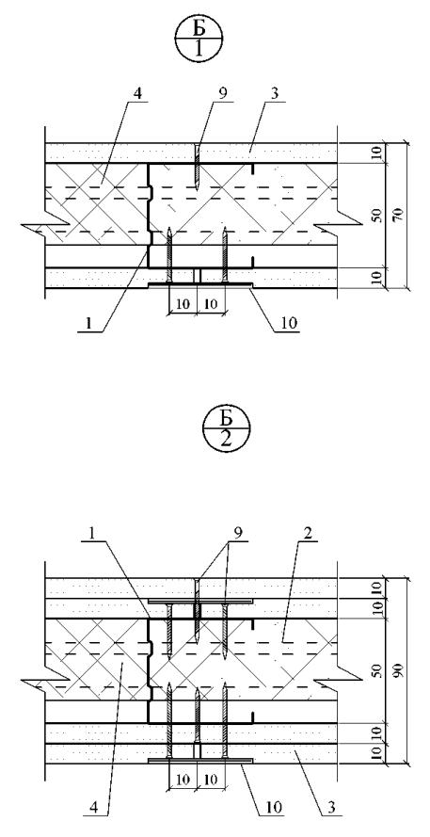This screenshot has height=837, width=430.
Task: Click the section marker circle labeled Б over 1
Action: click(x=198, y=41)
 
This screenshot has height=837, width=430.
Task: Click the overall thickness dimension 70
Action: click(x=400, y=216)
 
